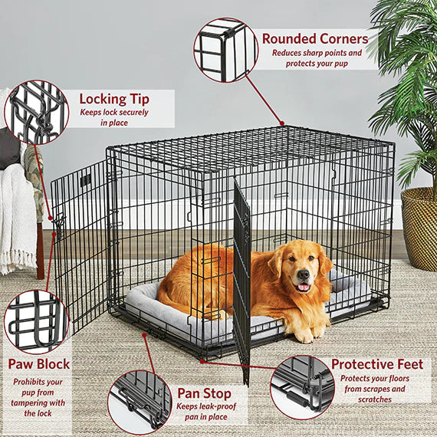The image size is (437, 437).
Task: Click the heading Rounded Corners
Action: click(314, 38)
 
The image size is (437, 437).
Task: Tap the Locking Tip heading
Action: click(114, 99)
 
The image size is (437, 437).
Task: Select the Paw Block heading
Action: click(39, 363)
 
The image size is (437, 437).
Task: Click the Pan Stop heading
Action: click(205, 393)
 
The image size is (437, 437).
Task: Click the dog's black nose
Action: click(304, 274)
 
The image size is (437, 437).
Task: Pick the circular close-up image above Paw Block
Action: click(36, 321)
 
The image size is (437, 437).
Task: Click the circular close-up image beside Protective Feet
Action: click(302, 386)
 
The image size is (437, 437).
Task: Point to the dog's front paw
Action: click(303, 334)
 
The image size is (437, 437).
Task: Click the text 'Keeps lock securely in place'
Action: click(114, 117)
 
